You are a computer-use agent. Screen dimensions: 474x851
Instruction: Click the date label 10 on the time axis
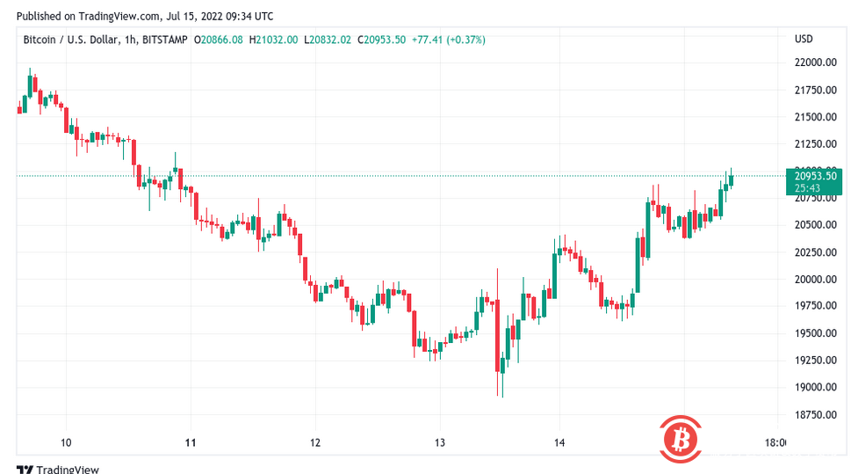coord(66,442)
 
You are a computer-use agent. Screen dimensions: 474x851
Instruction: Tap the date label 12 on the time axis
coord(314,442)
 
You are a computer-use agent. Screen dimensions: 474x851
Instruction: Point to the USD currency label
coord(804,40)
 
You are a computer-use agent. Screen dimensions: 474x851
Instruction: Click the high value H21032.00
coord(273,40)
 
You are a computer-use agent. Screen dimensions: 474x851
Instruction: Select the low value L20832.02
coord(327,40)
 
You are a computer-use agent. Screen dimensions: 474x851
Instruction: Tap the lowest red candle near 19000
coord(499,352)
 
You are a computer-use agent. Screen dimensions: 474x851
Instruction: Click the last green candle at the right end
coord(731,179)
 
